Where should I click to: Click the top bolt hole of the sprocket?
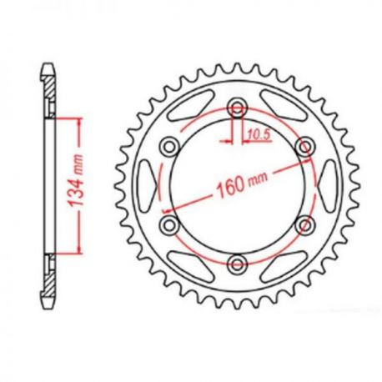[x=238, y=108]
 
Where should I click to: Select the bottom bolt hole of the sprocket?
[x=238, y=264]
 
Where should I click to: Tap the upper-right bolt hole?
[x=305, y=148]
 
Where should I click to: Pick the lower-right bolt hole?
[x=305, y=224]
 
